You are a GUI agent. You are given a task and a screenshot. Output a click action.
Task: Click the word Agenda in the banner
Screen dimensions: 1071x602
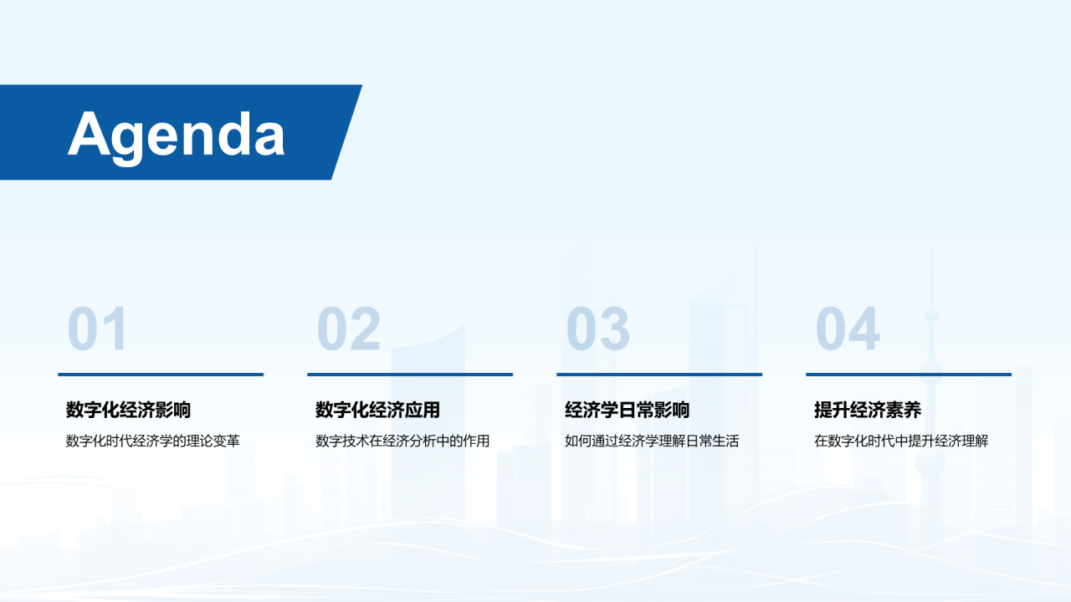click(177, 136)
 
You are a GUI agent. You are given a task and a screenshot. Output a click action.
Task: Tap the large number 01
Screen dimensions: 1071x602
click(98, 329)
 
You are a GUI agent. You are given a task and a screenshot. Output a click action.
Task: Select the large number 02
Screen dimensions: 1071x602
click(349, 329)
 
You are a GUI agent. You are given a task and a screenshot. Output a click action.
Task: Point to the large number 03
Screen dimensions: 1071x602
click(598, 329)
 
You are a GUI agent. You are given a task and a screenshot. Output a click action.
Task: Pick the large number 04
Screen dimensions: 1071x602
click(848, 329)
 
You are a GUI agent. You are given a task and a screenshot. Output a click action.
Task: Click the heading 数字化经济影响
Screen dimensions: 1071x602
click(128, 410)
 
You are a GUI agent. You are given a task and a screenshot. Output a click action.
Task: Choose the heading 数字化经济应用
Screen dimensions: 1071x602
click(377, 410)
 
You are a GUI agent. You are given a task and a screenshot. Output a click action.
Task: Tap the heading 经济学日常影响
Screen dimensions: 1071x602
click(628, 410)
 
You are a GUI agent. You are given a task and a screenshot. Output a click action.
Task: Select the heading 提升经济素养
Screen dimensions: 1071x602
click(868, 410)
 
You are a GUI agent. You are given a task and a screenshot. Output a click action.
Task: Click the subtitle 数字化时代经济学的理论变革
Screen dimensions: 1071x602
click(152, 441)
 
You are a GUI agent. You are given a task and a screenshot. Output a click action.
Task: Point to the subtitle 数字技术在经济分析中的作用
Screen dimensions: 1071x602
click(402, 441)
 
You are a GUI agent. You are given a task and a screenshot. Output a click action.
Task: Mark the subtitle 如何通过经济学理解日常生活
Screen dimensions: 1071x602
click(652, 441)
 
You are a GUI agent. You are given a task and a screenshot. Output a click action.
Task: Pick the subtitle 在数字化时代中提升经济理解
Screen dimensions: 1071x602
click(901, 441)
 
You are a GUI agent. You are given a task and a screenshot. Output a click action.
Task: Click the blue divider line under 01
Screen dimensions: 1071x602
click(161, 375)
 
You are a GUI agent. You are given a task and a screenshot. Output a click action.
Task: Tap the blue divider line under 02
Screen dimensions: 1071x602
click(410, 375)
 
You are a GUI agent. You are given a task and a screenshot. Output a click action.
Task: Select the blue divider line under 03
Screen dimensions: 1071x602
click(659, 375)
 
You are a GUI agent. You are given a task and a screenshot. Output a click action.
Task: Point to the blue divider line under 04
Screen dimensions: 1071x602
click(909, 375)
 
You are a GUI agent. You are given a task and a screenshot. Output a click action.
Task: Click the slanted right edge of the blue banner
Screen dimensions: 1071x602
click(346, 132)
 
